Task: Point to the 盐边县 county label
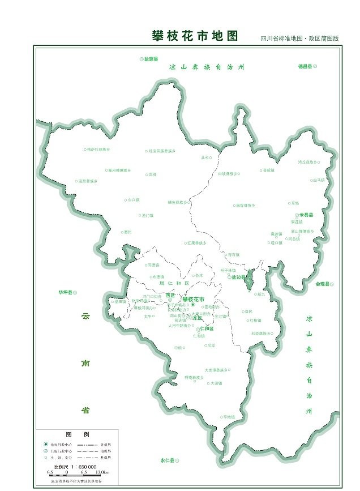point(238,277)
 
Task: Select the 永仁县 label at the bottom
point(169,460)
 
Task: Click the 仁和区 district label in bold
point(207,328)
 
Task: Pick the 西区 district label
point(170,295)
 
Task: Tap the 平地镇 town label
point(229,416)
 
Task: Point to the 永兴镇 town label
point(134,200)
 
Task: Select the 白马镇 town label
point(318,180)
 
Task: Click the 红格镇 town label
point(255,320)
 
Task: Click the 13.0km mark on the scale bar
point(101,471)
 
